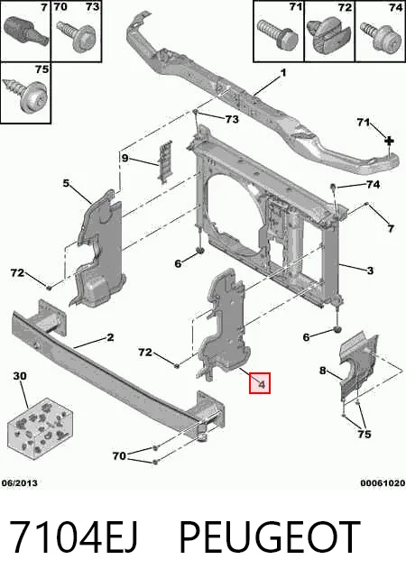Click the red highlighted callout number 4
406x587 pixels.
point(261,384)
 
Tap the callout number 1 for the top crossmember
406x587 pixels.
point(283,72)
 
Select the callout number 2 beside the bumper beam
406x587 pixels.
point(110,337)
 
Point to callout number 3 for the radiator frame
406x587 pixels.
point(370,270)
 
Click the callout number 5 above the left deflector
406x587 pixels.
point(66,183)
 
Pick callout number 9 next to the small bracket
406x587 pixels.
point(125,158)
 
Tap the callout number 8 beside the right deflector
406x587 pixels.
point(323,371)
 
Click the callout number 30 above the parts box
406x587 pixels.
point(20,375)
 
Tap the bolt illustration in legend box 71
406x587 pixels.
point(278,34)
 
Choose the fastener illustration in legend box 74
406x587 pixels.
point(380,37)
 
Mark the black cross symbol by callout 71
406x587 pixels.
point(390,141)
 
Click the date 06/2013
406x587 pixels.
point(20,483)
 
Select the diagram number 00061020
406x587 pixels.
point(383,483)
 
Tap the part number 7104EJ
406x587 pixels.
point(73,537)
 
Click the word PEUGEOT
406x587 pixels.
point(270,537)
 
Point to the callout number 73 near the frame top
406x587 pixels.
point(232,119)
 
